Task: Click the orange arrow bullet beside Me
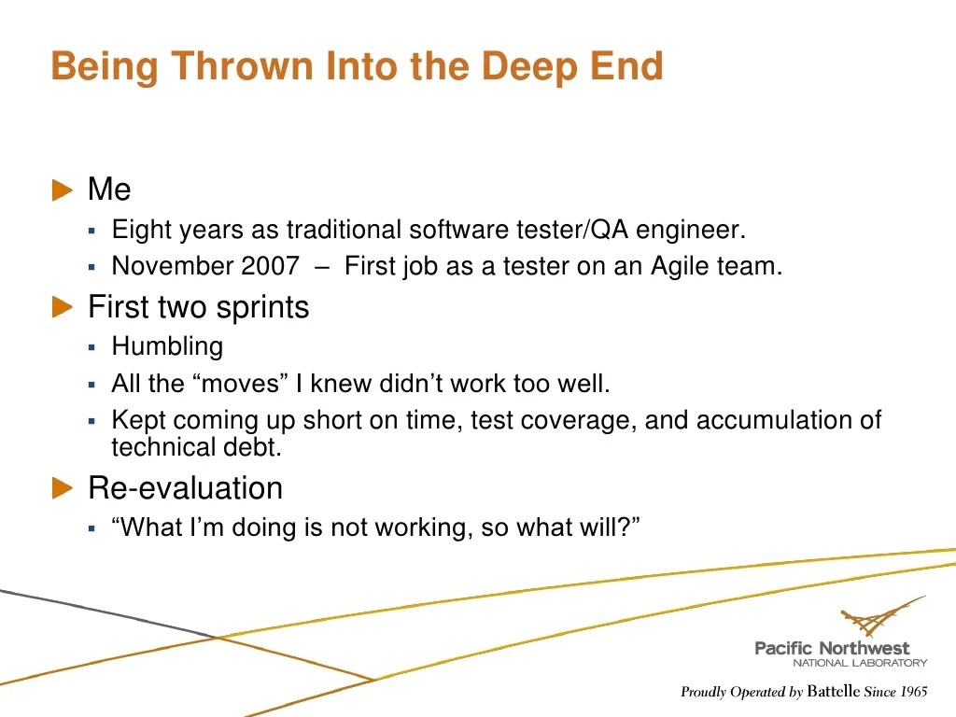coord(62,190)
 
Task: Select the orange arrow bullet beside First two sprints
coord(62,307)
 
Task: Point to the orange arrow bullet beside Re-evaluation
coord(62,488)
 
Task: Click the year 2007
coord(271,266)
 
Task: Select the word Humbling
coord(167,347)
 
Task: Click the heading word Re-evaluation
coord(185,488)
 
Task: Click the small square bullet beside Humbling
coord(92,347)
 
